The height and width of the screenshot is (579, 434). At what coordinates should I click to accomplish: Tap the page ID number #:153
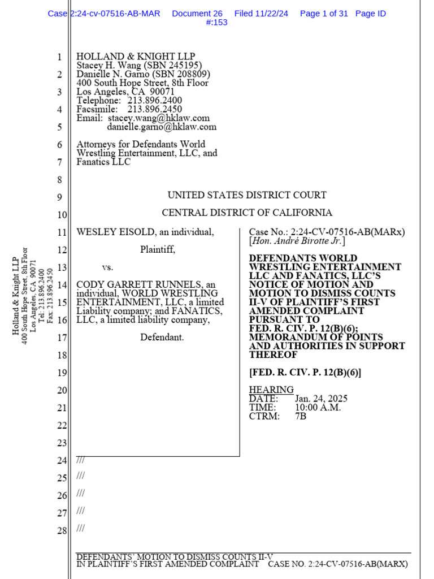pyautogui.click(x=217, y=23)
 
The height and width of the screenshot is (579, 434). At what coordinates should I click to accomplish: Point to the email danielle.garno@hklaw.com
pyautogui.click(x=162, y=127)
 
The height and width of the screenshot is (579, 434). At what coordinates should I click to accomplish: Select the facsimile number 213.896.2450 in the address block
pyautogui.click(x=154, y=109)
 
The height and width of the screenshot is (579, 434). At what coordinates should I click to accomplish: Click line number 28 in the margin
pyautogui.click(x=62, y=530)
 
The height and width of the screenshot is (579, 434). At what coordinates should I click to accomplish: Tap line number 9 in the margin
pyautogui.click(x=59, y=197)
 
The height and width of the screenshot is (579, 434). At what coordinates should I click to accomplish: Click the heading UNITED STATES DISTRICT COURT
pyautogui.click(x=247, y=195)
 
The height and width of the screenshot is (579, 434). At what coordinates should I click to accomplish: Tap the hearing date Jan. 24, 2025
pyautogui.click(x=321, y=399)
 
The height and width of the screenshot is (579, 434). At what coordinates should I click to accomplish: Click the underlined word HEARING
pyautogui.click(x=271, y=390)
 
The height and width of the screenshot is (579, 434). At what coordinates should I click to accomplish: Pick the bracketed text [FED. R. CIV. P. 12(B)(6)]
pyautogui.click(x=305, y=372)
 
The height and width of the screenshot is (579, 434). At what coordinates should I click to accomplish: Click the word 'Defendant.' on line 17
pyautogui.click(x=162, y=338)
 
